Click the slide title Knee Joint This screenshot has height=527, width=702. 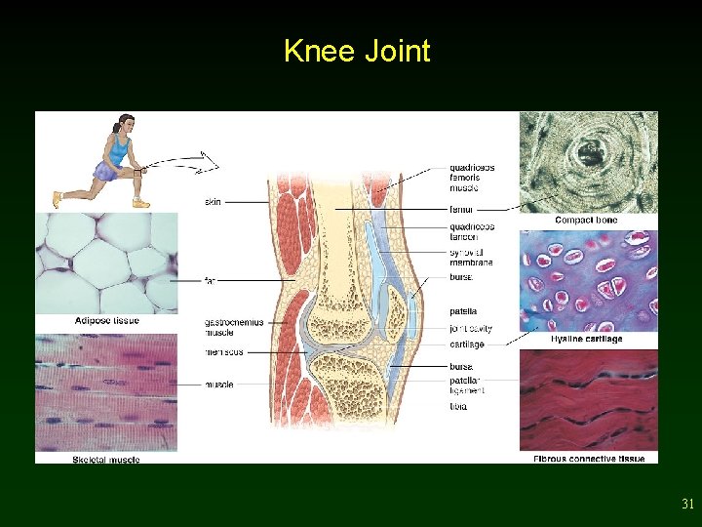coord(357,51)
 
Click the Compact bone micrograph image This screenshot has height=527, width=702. coord(588,162)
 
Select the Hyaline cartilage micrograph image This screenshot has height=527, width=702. coord(588,281)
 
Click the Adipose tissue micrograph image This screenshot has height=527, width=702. coord(106,263)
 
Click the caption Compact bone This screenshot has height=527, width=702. coord(587,221)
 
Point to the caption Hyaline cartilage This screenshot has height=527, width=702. coord(587,340)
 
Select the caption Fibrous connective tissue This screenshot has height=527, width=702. coord(588,459)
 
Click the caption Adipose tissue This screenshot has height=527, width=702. coord(106,321)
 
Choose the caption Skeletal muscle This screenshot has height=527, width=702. coord(106,460)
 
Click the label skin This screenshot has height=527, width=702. coord(213,202)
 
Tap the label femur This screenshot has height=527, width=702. coord(462,210)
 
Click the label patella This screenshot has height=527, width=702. coord(463,312)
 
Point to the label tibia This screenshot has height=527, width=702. coord(458,406)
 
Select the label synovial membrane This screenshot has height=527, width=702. coord(472,257)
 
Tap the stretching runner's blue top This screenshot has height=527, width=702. coord(120,152)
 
